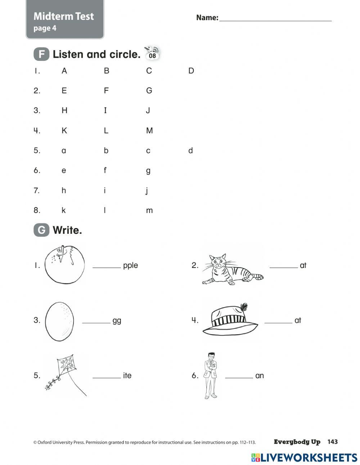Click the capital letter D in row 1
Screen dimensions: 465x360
pos(191,71)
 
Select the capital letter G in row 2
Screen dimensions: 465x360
pos(149,90)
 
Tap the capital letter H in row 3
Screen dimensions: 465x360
pos(64,110)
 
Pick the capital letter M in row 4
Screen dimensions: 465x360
pos(149,130)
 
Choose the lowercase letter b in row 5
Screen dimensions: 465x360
pos(106,150)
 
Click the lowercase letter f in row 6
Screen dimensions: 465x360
pos(105,170)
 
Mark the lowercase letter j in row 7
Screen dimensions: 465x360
pos(147,191)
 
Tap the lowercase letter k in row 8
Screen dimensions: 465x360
pos(64,210)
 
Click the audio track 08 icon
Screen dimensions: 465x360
pos(152,53)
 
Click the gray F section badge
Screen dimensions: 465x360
pos(41,54)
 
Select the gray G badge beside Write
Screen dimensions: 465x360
pos(41,230)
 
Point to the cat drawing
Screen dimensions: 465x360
pos(230,270)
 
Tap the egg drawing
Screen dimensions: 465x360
pos(59,321)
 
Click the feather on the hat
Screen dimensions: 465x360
pos(244,307)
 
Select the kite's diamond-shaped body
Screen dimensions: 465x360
pos(67,365)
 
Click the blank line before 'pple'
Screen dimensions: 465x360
pos(107,267)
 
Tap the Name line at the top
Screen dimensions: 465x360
pos(275,20)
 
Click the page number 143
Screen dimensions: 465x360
pos(333,442)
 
